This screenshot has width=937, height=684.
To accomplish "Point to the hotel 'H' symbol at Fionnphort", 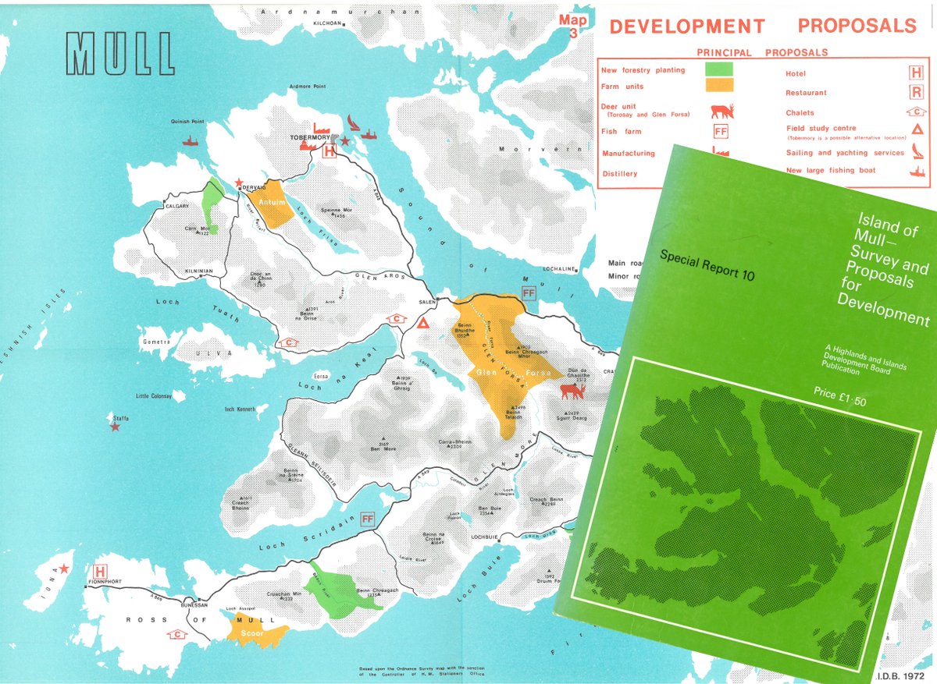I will (x=100, y=572).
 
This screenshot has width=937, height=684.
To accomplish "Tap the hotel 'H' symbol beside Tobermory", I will (x=330, y=152).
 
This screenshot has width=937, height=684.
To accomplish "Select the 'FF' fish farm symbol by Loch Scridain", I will (x=368, y=519).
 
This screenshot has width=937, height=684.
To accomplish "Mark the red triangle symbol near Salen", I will (x=423, y=323).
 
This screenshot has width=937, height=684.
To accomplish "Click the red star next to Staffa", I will (x=115, y=427).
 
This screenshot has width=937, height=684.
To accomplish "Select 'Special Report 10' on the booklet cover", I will (x=707, y=264).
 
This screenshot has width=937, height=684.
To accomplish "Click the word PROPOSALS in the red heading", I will (x=857, y=26).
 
